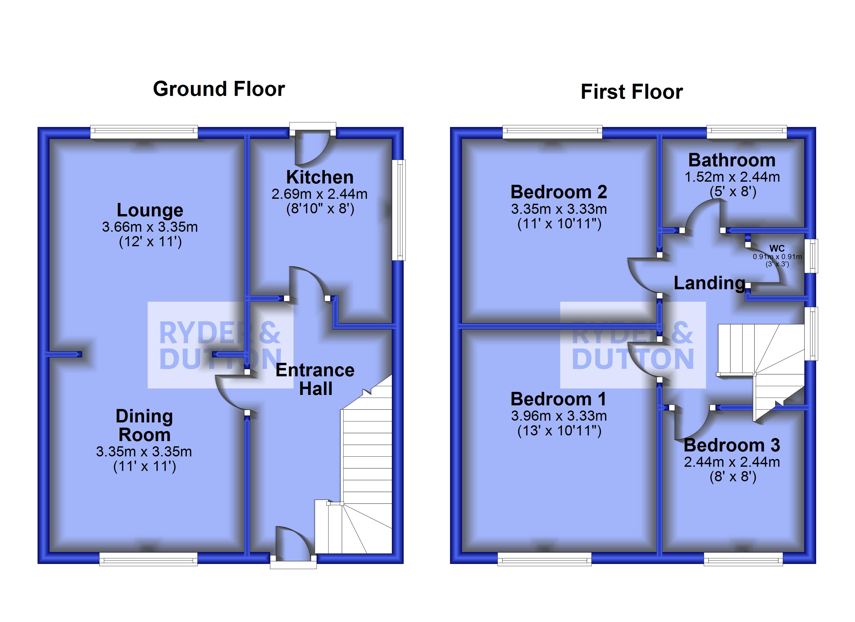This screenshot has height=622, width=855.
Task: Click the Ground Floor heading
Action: (219, 89)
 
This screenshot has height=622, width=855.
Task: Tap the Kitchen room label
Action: (320, 177)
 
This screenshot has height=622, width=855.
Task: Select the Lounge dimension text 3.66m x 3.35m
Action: (150, 227)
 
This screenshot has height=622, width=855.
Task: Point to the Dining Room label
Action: (144, 426)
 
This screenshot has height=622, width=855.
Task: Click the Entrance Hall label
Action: (315, 379)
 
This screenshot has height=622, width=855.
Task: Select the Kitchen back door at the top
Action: (312, 147)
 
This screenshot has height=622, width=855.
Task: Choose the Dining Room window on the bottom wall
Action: (148, 559)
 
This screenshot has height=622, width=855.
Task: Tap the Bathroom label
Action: (732, 160)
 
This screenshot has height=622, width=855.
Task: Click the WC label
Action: (776, 249)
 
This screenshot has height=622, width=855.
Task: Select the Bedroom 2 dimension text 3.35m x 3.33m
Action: (559, 209)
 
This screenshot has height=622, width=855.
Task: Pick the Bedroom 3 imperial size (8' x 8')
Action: (732, 477)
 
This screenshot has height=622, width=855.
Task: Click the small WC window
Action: (814, 256)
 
